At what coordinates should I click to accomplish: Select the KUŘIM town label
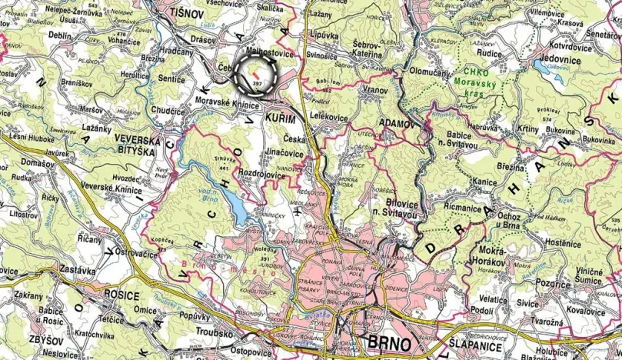pos(280,115)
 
